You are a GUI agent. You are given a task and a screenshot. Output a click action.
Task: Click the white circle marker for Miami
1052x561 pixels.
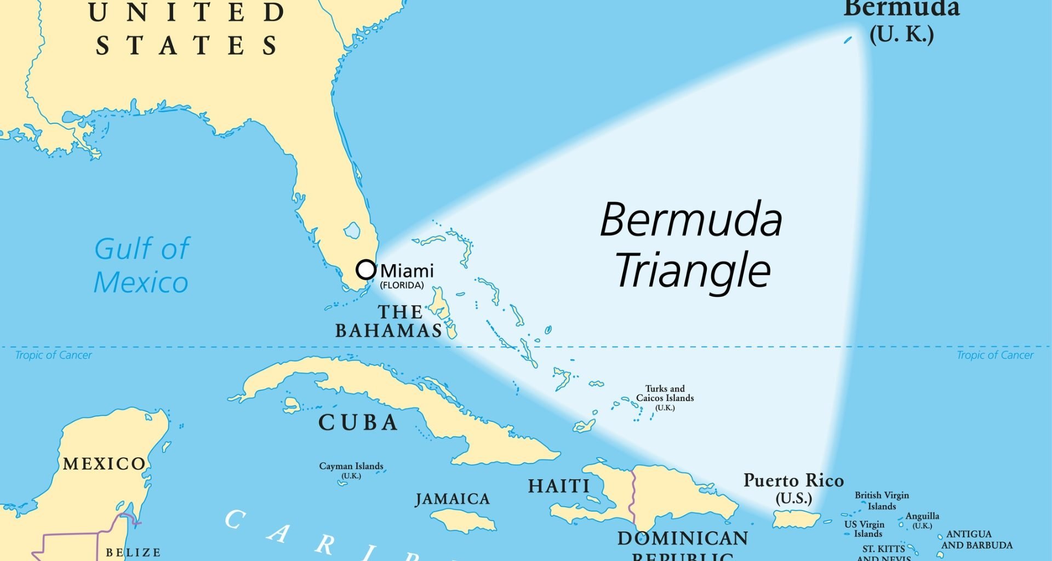point(366,270)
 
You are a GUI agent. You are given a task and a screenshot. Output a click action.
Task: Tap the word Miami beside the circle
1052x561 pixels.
point(407,271)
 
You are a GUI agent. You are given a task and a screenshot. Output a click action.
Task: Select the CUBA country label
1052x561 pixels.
point(358,422)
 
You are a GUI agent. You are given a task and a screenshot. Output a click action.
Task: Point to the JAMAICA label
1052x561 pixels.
point(453,499)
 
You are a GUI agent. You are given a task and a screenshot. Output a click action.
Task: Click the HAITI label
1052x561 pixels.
point(559,486)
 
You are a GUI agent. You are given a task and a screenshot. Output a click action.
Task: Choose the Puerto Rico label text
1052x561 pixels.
point(793,481)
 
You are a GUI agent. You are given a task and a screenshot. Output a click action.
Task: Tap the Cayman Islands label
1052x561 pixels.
point(351,466)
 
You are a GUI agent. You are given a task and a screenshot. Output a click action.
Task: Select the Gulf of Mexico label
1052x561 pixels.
point(141,265)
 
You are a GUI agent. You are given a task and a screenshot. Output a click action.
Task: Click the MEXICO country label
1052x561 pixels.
point(105,464)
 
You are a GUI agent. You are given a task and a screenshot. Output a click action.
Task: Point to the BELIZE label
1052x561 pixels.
point(133,553)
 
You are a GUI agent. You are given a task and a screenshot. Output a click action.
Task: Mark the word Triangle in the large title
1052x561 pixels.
point(693,270)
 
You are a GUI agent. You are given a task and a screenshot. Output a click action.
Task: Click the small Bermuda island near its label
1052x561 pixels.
point(848,40)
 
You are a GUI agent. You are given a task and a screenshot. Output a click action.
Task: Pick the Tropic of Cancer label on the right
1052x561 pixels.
point(995,355)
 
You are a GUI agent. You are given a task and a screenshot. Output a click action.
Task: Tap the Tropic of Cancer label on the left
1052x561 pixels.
point(54,355)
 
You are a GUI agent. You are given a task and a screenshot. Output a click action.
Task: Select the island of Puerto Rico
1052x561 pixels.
point(796,519)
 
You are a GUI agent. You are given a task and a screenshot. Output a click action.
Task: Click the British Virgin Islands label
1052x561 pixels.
point(882,500)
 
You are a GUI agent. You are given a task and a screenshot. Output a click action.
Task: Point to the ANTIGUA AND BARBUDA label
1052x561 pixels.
point(976,540)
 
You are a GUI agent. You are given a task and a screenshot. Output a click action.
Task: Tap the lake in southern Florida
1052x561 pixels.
point(352,230)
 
